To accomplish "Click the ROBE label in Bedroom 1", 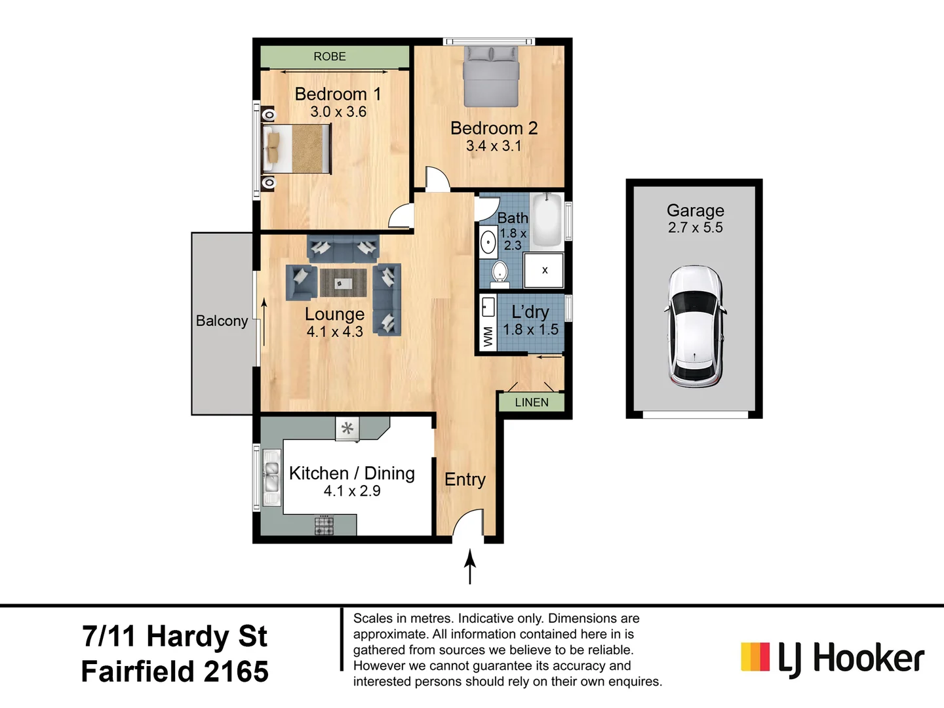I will click(329, 56).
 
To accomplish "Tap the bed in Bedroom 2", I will click(491, 77).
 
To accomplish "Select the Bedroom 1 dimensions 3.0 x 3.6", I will click(338, 112).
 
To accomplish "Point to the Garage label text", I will click(695, 210).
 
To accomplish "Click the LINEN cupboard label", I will click(531, 403).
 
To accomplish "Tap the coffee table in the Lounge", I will click(343, 283).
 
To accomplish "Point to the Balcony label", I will click(222, 321).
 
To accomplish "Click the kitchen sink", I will click(271, 477).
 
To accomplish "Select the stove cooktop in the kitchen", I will click(324, 525).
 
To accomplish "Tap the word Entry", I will click(465, 480).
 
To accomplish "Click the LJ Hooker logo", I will click(832, 658).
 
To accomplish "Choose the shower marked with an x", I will click(544, 270).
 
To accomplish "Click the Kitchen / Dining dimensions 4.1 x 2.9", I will click(351, 491).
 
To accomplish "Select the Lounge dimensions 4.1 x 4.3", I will click(334, 332).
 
